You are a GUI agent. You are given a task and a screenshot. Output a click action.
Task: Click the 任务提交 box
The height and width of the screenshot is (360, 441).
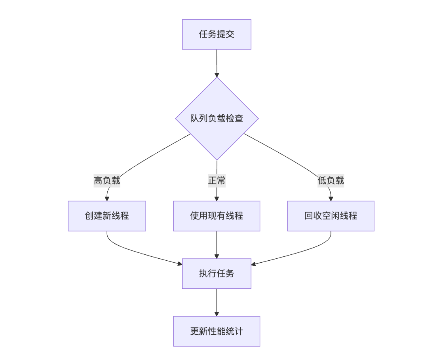217,34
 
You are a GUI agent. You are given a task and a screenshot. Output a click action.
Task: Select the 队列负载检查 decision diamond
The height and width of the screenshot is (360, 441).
217,118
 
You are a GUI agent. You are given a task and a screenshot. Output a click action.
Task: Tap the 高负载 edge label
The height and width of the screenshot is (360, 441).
107,181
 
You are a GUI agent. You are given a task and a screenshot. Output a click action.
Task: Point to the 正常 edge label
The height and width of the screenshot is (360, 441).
217,181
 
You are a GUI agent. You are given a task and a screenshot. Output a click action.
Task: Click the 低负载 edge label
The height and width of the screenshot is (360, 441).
331,181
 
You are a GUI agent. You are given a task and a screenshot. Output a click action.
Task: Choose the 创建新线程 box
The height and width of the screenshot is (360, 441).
107,216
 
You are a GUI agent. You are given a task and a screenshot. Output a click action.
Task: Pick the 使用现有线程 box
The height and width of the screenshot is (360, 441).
217,216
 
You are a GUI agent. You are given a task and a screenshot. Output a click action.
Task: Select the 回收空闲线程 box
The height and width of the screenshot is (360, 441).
331,216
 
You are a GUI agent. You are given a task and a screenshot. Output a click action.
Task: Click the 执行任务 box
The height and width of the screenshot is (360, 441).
217,273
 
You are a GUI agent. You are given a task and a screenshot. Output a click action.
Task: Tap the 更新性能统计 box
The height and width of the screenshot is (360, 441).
217,331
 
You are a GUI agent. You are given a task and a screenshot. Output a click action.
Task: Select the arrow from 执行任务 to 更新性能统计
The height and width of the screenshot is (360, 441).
217,302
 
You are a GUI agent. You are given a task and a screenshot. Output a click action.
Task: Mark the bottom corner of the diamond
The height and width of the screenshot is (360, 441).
217,160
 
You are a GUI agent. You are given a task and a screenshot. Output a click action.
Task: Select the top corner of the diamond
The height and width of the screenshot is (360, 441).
217,78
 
